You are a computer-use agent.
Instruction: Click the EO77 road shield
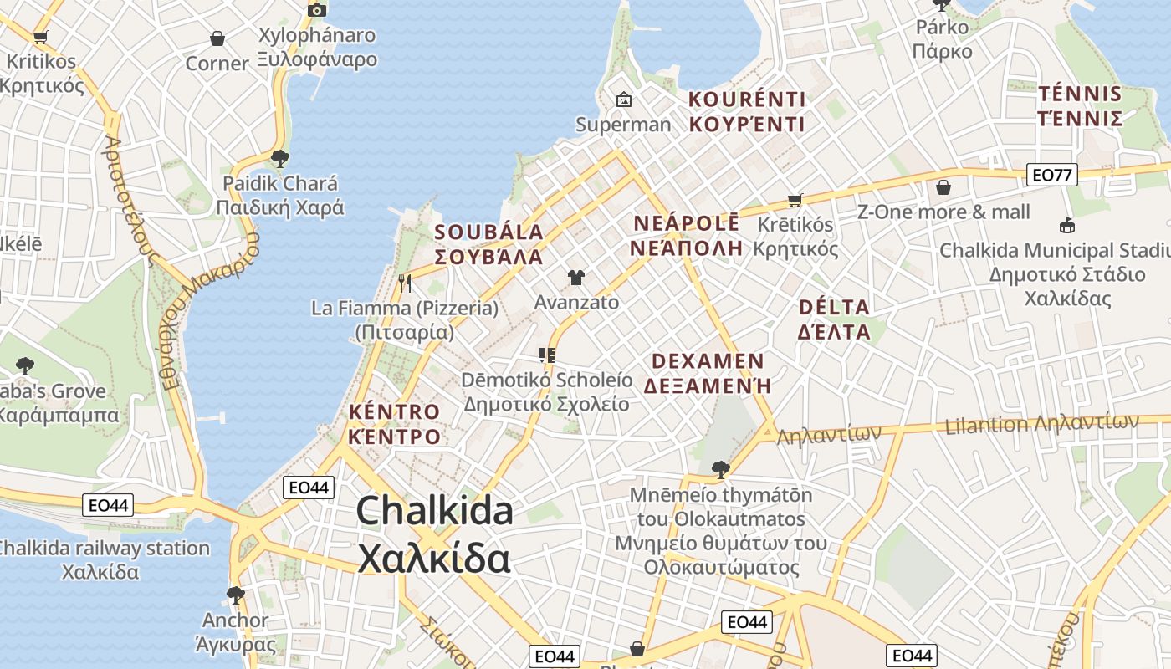tap(1051, 175)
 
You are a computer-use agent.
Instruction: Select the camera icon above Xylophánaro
tap(317, 10)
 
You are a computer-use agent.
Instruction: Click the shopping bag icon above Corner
tap(217, 38)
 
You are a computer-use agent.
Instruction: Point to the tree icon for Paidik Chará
tap(280, 158)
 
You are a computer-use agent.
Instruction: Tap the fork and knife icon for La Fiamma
tap(405, 283)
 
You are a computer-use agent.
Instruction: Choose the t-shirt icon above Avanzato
tap(576, 278)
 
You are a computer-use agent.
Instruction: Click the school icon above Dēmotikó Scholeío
tap(547, 355)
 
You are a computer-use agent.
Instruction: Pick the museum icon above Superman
tap(623, 100)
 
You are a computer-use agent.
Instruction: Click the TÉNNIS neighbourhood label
tap(1080, 105)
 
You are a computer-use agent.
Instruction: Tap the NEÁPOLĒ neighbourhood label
tap(687, 235)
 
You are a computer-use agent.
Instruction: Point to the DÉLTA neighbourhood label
tap(835, 319)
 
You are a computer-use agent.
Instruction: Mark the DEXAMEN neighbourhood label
tap(707, 373)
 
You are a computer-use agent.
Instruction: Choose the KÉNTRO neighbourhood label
tap(394, 423)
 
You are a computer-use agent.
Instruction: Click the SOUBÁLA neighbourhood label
tap(489, 244)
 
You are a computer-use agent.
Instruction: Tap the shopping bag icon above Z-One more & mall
tap(943, 187)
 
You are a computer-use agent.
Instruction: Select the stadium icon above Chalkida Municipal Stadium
tap(1066, 225)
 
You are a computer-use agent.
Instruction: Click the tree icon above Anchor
tap(236, 595)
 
